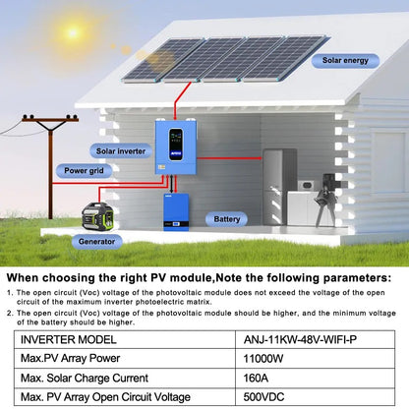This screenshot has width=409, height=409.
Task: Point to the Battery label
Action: click(x=226, y=219)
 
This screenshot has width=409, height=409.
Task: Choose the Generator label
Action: click(x=99, y=240)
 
